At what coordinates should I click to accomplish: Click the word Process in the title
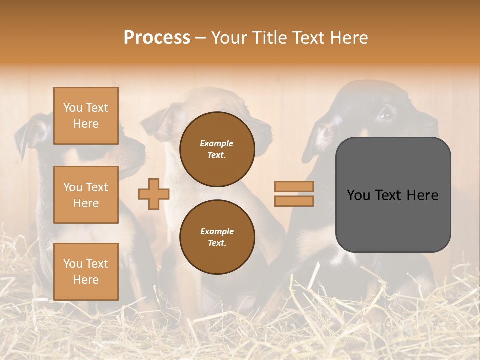coord(157,38)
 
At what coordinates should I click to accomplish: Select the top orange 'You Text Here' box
coord(86,116)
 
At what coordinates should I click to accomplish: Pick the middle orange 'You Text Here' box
coord(86,195)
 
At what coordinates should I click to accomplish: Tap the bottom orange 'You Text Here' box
coord(86,271)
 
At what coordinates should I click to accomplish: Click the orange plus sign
coord(154,194)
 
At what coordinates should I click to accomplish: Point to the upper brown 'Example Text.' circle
coord(217,149)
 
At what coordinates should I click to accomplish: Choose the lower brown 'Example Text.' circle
coord(217,237)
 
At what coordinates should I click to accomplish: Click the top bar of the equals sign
coord(294,187)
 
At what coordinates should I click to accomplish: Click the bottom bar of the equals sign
coord(294,201)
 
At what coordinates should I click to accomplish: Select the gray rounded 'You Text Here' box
coord(393,195)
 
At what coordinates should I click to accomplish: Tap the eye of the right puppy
coord(385,115)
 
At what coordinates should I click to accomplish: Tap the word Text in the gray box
coord(393,195)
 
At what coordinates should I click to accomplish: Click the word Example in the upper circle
coord(217,143)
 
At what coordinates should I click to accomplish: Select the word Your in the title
coord(231,38)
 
